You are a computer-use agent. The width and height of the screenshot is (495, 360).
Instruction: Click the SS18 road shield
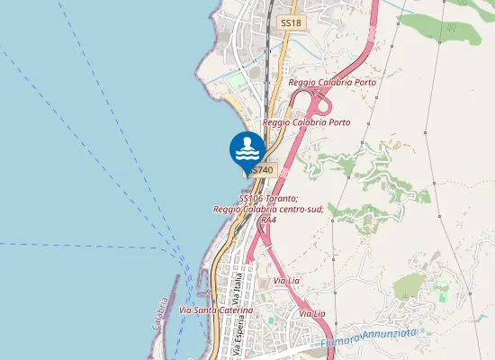pyautogui.click(x=289, y=22)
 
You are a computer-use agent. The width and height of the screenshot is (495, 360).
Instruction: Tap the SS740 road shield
pyautogui.click(x=262, y=169)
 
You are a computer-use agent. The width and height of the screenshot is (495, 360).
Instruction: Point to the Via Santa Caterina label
pyautogui.click(x=216, y=310)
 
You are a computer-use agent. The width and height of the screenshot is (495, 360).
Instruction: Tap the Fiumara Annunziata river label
pyautogui.click(x=369, y=338)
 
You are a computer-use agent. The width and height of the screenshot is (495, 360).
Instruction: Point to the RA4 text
pyautogui.click(x=267, y=220)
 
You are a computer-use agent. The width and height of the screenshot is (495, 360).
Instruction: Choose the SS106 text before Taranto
pyautogui.click(x=251, y=198)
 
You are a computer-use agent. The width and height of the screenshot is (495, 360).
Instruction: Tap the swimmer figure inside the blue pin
pyautogui.click(x=247, y=144)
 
